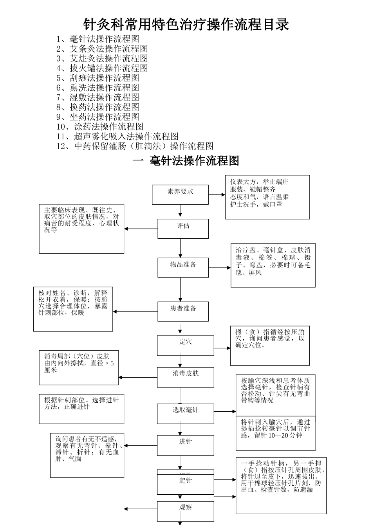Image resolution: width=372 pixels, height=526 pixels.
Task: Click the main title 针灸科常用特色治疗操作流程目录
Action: pos(186,24)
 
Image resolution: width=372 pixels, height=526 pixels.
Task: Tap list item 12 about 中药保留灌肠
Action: pos(135,146)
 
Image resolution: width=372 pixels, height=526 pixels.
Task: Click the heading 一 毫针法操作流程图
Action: pos(186,161)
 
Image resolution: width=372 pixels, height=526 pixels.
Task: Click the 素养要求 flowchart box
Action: pos(180,195)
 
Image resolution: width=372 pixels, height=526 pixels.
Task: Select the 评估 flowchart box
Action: pos(183,229)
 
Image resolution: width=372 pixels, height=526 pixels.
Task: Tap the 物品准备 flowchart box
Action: pos(183,268)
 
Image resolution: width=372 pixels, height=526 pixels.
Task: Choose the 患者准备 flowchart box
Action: pos(183,312)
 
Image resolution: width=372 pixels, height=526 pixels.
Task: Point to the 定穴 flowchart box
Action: pos(185,345)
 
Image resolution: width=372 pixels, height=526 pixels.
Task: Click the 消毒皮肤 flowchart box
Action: pos(185,377)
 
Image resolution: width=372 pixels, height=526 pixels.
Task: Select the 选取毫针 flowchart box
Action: pos(185,414)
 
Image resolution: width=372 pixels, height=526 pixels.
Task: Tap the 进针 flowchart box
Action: pos(185,445)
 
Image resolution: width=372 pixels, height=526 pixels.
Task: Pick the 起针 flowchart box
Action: pos(185,484)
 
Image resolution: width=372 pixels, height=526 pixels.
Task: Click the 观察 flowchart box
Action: pos(185,511)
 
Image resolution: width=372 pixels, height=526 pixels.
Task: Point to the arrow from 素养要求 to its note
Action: pos(217,195)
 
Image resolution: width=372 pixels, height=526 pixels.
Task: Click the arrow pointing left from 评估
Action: pos(141,229)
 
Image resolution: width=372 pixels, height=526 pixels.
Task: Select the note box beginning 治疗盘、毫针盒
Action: pos(273,265)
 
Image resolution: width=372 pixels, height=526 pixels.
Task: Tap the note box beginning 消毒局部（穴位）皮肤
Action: pos(79,367)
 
